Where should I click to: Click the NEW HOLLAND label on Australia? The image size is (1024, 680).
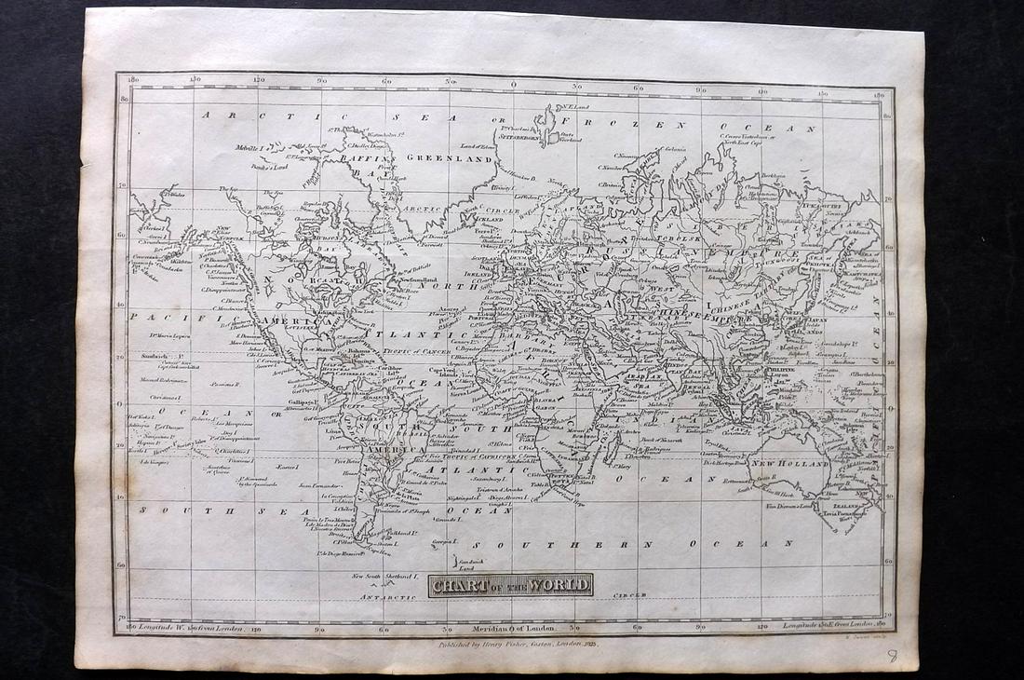(x=789, y=463)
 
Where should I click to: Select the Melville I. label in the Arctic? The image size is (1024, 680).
(x=249, y=148)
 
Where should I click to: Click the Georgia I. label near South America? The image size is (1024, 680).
(x=446, y=540)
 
